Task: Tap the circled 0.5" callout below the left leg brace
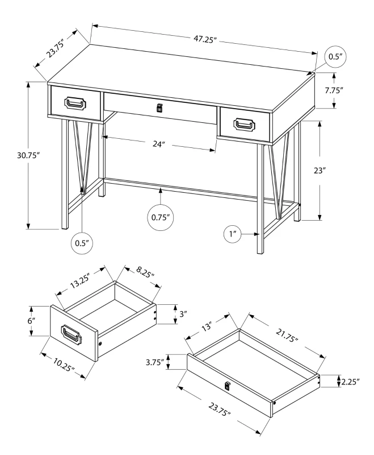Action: tap(82, 243)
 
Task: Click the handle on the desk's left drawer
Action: tap(75, 103)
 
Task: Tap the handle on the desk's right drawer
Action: tap(246, 123)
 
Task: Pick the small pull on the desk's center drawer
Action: tap(159, 108)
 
